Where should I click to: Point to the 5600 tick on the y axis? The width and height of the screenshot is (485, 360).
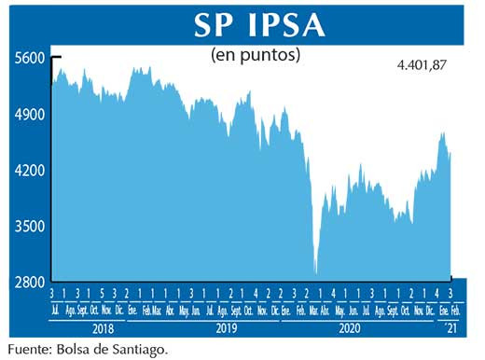(x=30, y=58)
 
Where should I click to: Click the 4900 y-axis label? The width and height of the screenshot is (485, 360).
(x=30, y=114)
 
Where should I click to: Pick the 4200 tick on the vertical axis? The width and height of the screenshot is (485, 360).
(x=30, y=170)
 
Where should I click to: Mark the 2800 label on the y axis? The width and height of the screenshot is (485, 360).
(x=30, y=281)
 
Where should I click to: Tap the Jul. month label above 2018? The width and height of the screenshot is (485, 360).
(x=55, y=309)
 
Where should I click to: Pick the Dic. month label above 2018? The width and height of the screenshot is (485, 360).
(x=118, y=309)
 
